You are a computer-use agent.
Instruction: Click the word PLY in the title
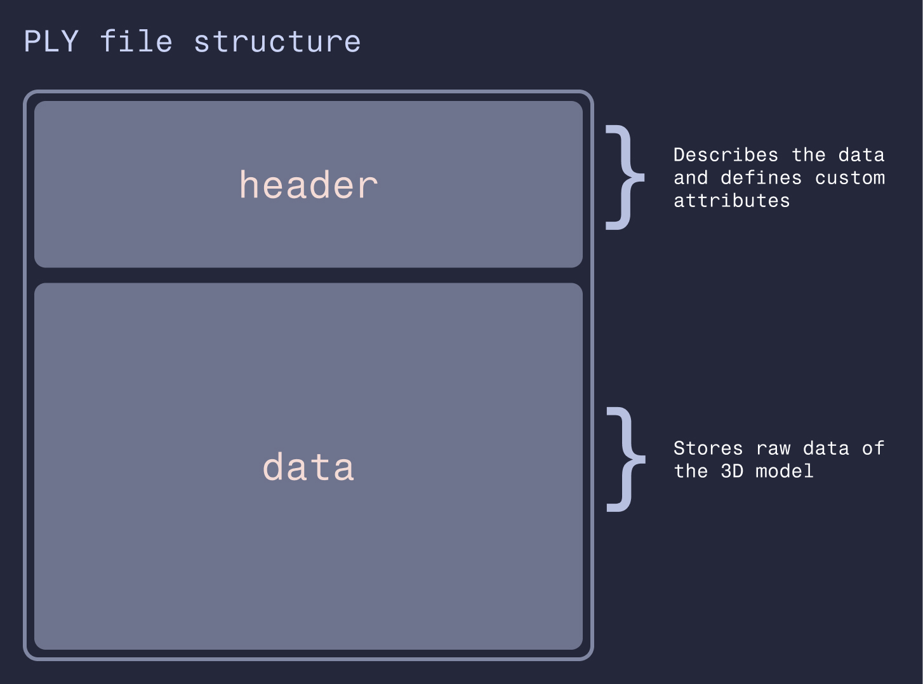51,41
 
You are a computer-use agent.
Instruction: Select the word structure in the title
277,42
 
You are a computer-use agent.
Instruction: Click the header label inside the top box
309,184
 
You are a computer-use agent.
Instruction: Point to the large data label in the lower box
309,466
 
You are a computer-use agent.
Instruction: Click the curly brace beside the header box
625,177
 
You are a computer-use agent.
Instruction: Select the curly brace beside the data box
626,459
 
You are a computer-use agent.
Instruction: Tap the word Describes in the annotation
726,155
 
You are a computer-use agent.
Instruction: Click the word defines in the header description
761,178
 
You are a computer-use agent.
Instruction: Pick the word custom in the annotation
850,178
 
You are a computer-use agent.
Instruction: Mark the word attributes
731,201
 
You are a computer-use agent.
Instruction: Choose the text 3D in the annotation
732,471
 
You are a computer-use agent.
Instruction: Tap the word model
785,471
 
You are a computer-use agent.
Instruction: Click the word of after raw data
873,448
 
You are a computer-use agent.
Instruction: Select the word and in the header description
691,178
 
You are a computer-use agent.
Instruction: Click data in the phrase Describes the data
861,155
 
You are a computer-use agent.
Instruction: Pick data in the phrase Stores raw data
826,448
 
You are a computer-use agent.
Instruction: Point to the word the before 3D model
691,471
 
